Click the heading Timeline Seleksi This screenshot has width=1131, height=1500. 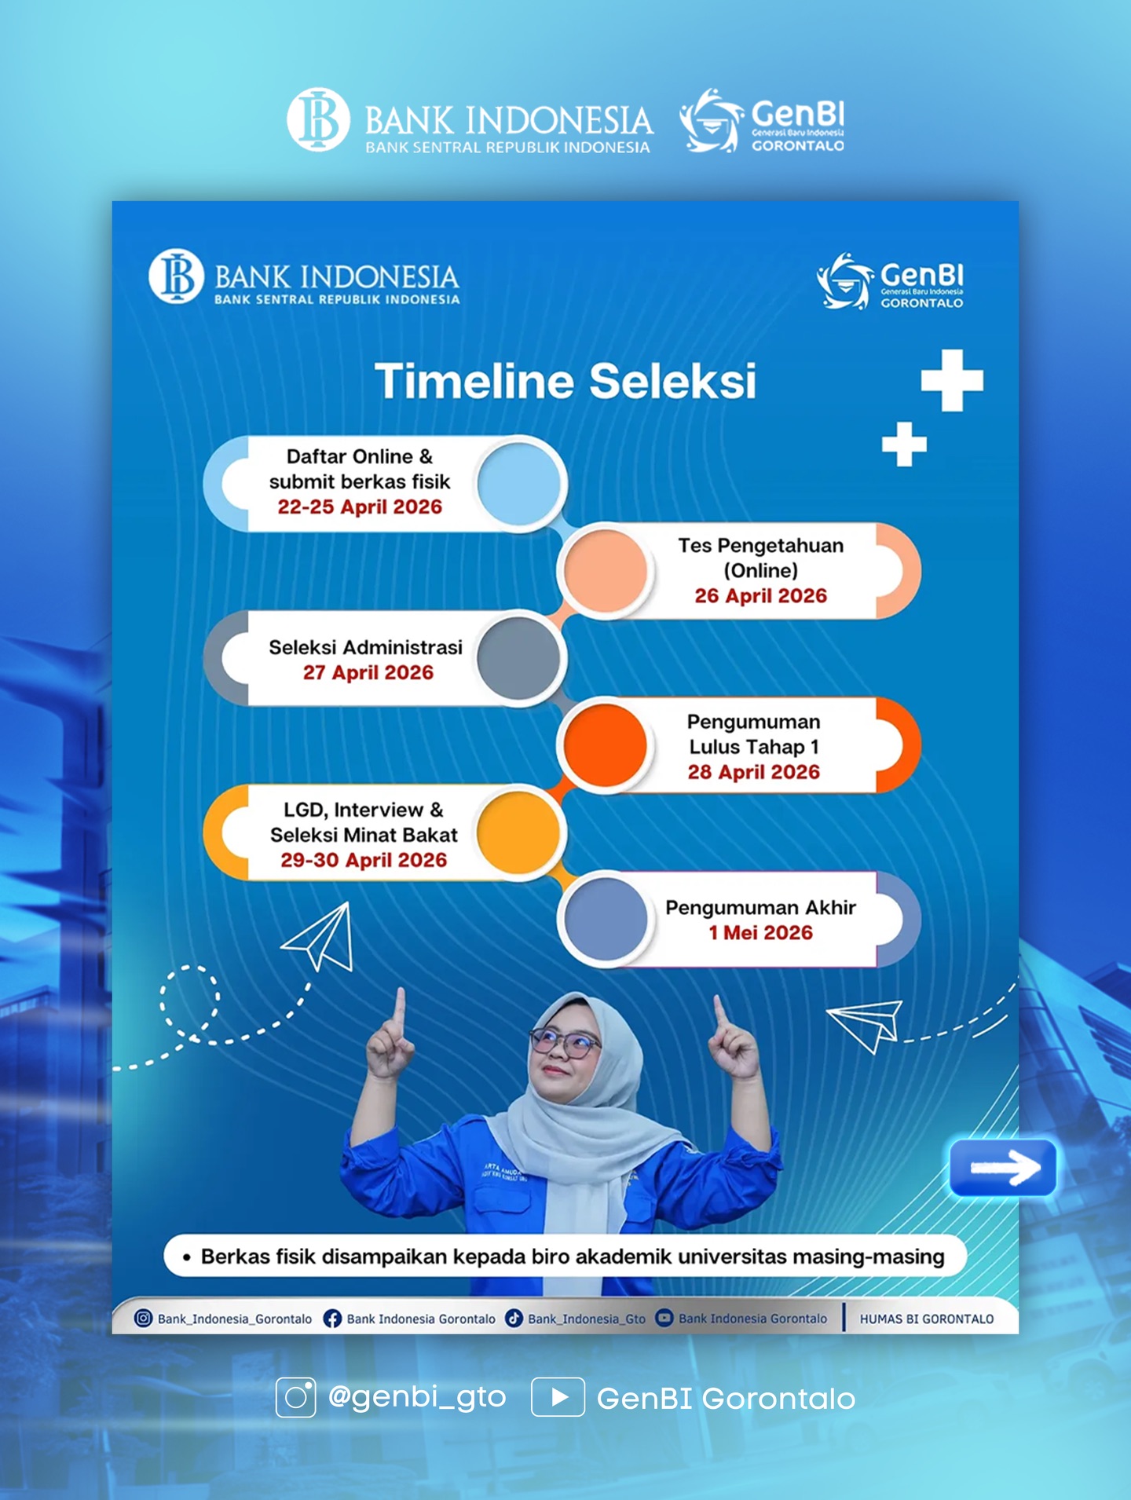(x=565, y=382)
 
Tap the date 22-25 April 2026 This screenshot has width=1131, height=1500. (x=360, y=507)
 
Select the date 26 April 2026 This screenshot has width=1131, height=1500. (x=761, y=596)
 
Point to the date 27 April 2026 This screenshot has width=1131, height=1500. (x=368, y=673)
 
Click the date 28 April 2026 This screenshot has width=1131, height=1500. (x=754, y=773)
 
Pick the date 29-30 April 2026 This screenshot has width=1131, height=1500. (x=364, y=861)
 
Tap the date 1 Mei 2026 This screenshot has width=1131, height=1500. (x=761, y=933)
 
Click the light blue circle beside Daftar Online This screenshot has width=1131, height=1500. (x=519, y=483)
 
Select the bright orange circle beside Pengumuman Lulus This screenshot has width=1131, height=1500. (x=605, y=745)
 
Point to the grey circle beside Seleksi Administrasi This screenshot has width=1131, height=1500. (x=519, y=658)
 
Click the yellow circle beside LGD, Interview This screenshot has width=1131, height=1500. (x=519, y=832)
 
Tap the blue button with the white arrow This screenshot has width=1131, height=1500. (x=1003, y=1168)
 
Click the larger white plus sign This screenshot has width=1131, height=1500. (x=952, y=381)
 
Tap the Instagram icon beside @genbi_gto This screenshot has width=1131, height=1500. (x=295, y=1397)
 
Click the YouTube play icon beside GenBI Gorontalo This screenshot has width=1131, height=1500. (x=558, y=1397)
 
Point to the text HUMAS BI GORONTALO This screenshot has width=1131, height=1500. (x=927, y=1319)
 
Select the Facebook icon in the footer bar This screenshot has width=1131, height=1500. (x=332, y=1319)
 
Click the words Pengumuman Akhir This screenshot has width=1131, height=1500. (x=761, y=908)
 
